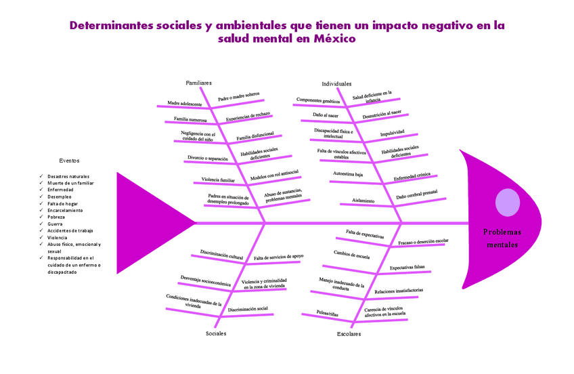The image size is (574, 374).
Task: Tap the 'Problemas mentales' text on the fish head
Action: (x=502, y=238)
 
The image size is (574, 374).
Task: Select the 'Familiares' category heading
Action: (x=199, y=83)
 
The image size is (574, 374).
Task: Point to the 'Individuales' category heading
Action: (x=336, y=83)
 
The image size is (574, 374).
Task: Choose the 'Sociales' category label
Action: (x=216, y=333)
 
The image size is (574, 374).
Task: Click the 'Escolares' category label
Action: (x=349, y=334)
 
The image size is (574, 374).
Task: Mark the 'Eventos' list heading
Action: (x=69, y=161)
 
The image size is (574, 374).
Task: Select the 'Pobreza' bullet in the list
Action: (x=57, y=217)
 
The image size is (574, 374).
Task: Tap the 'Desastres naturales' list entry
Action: (x=68, y=176)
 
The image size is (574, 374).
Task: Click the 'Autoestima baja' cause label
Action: (x=348, y=174)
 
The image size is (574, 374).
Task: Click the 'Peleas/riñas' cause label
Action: (x=328, y=313)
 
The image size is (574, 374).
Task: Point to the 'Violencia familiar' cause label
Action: (x=218, y=180)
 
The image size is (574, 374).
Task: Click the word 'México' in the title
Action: (x=334, y=39)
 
